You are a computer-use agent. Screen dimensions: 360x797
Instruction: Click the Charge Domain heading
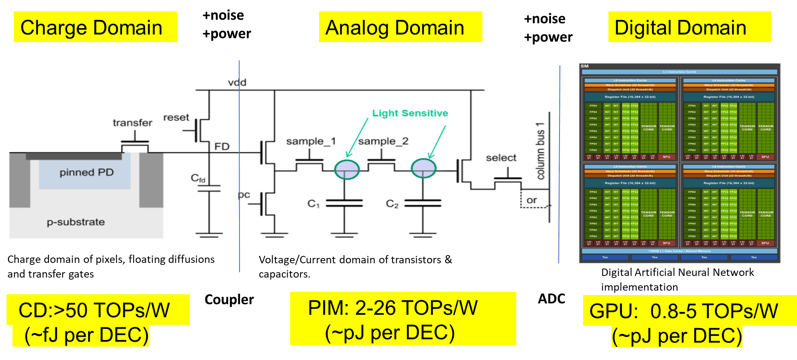tap(91, 28)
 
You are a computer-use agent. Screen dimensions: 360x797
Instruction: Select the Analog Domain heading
tap(395, 28)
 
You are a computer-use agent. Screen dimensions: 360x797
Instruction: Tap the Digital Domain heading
tap(680, 28)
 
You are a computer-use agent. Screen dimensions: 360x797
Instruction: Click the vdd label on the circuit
tap(237, 83)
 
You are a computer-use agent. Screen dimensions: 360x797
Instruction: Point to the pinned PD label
tap(87, 172)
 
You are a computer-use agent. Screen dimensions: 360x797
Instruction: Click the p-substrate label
tap(76, 222)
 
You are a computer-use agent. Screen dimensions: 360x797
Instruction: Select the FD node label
tap(222, 147)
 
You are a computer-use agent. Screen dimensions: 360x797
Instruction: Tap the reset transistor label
tap(176, 118)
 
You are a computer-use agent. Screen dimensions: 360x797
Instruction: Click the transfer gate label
tap(133, 123)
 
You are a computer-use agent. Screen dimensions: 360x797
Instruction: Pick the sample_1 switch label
tap(311, 141)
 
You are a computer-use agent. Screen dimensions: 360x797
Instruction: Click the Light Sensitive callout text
tap(410, 113)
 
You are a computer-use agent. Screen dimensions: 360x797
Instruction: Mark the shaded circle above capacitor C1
tap(347, 169)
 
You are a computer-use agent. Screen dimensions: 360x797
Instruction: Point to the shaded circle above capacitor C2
tap(424, 168)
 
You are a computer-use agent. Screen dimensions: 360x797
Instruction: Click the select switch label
tap(501, 158)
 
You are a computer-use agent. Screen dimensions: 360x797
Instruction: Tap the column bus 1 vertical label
tap(541, 151)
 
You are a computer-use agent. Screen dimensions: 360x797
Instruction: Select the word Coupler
tap(229, 300)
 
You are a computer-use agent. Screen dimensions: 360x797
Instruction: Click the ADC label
tap(551, 299)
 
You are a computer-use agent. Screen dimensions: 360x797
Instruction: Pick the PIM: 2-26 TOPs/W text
tap(393, 308)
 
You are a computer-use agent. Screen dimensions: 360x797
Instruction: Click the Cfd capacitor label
tap(198, 178)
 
